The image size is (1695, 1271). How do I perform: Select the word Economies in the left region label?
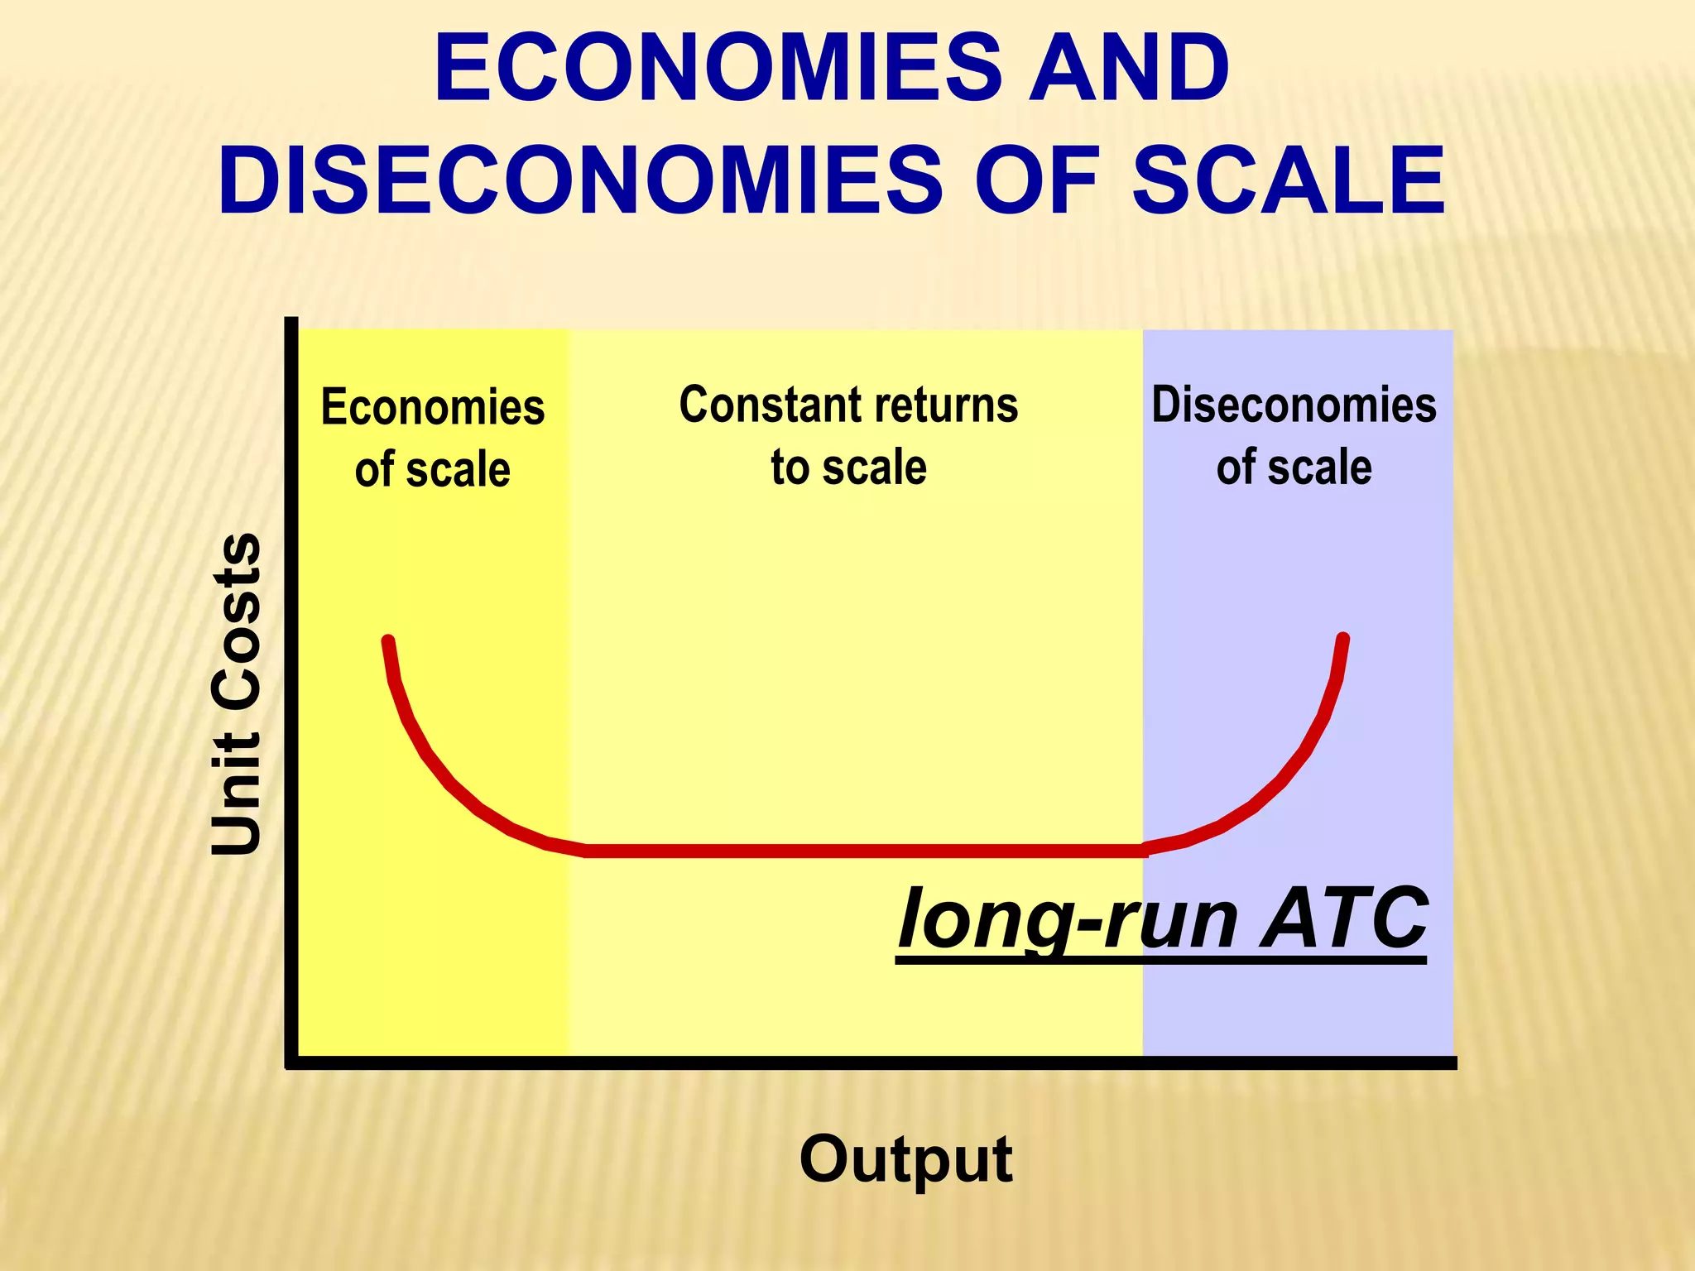tap(432, 407)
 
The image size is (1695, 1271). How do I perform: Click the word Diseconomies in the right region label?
tap(1294, 405)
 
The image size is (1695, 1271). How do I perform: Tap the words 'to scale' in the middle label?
tap(848, 468)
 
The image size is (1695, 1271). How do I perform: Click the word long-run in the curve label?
tap(1068, 918)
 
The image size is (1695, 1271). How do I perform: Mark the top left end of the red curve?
tap(387, 640)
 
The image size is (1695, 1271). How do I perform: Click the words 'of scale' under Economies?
tap(432, 469)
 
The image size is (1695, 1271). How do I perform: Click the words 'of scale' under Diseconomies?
tap(1294, 468)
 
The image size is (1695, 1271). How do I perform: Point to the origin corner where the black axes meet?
tap(291, 1062)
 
